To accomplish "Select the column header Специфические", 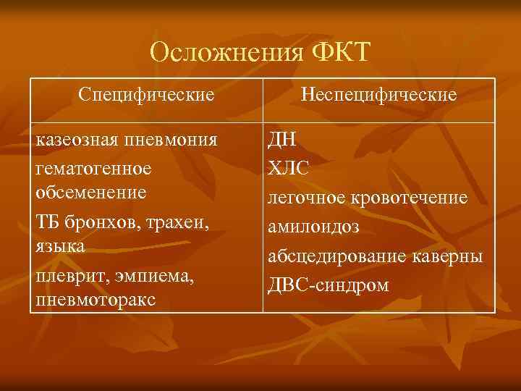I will (x=147, y=95).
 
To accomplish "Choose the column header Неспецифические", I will (x=379, y=95).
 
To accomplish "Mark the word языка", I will (x=59, y=246).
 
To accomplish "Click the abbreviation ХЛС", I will (x=289, y=168).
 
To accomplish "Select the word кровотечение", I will (x=409, y=198).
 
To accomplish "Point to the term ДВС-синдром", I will (x=329, y=285).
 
